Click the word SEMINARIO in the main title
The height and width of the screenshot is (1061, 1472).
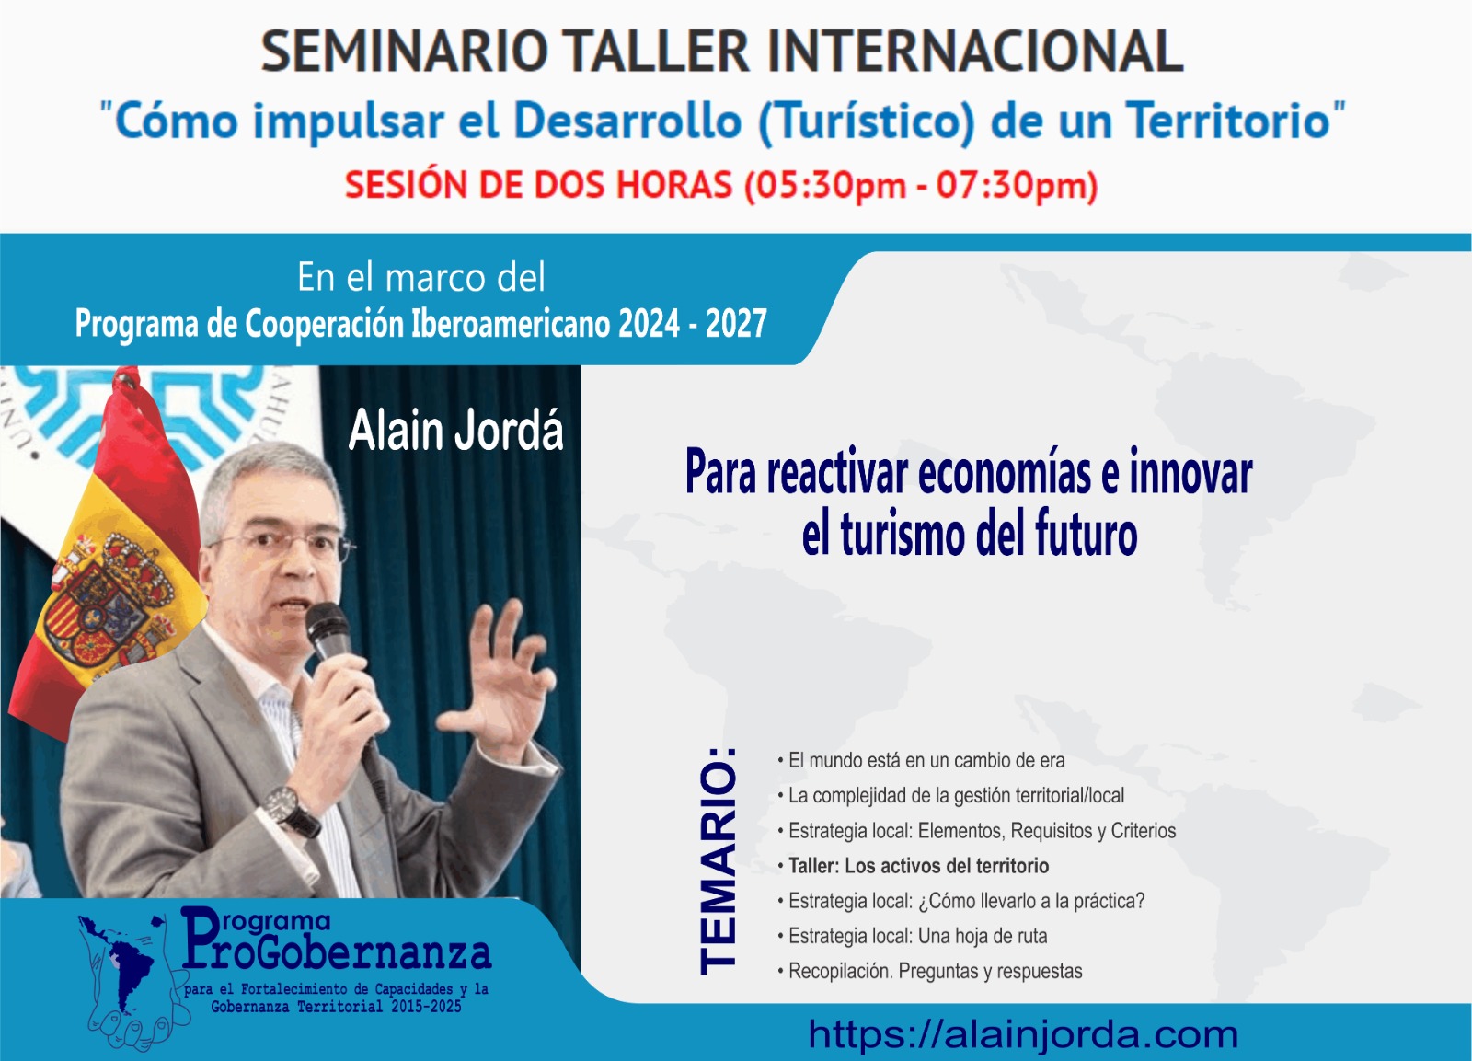tap(405, 52)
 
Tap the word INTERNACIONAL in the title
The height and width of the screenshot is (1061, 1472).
tap(975, 52)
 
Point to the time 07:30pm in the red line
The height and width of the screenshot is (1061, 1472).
tap(1008, 185)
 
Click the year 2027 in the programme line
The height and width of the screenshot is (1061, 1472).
tap(736, 323)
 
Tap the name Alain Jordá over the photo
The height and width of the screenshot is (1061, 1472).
tap(455, 431)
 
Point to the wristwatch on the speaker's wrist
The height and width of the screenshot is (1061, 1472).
tap(289, 810)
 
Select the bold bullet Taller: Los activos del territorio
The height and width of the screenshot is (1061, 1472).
tap(914, 866)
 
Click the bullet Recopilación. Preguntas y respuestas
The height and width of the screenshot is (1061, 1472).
tap(930, 971)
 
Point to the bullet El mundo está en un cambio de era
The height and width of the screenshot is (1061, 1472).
tap(921, 761)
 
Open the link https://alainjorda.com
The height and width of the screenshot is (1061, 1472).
tap(1023, 1034)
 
